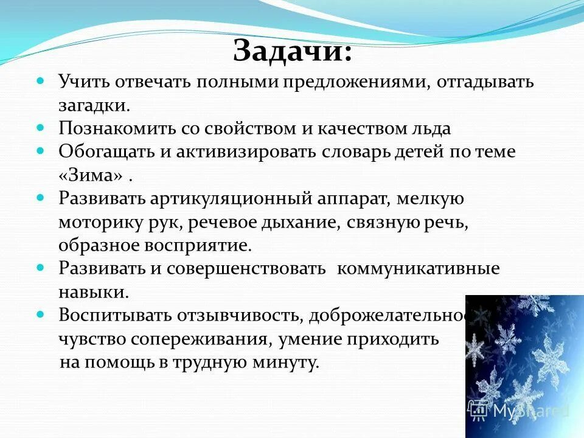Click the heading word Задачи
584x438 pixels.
pos(291,50)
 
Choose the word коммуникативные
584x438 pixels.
pos(418,269)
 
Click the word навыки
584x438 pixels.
pos(94,292)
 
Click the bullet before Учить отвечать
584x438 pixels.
pos(41,81)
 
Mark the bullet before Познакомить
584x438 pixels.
pos(41,127)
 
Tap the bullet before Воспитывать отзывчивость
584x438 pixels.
pos(41,315)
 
